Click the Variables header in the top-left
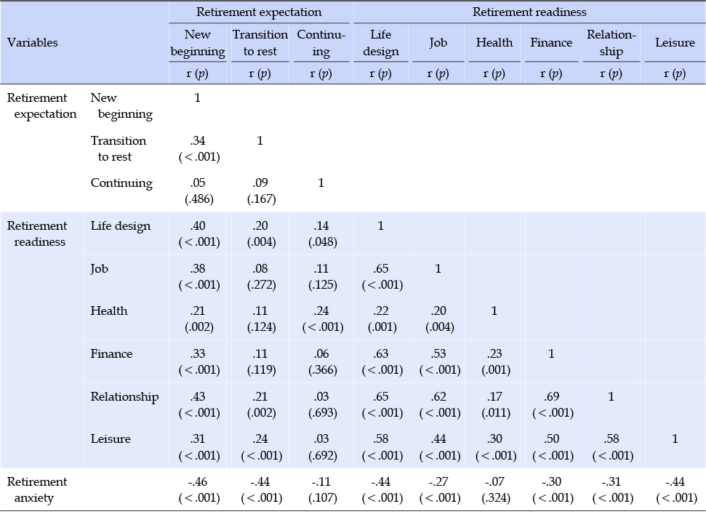[x=33, y=43]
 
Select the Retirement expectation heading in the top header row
[x=259, y=12]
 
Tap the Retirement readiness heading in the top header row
[x=529, y=12]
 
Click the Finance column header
[x=551, y=43]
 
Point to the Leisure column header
[x=675, y=43]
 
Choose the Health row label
[x=109, y=310]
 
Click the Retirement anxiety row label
[x=37, y=490]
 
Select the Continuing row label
[x=121, y=183]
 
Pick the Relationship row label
[x=125, y=397]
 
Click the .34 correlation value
[x=198, y=140]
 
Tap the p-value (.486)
[x=199, y=199]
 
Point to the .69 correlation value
[x=552, y=396]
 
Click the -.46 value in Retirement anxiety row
[x=198, y=481]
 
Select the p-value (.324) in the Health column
[x=496, y=498]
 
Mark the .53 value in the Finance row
[x=438, y=353]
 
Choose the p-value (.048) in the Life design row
[x=323, y=242]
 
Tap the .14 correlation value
[x=321, y=225]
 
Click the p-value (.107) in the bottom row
[x=323, y=498]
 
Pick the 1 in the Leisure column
[x=675, y=438]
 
